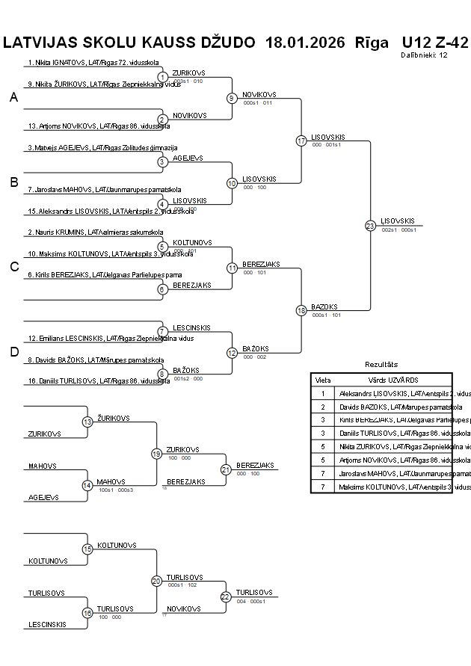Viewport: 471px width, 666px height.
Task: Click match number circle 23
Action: coord(370,225)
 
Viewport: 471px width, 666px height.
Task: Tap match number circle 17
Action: coord(301,141)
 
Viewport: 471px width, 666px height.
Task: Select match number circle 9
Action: coord(232,98)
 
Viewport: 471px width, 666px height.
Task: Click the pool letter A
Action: coord(13,97)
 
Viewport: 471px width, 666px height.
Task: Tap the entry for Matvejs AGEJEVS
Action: coord(102,148)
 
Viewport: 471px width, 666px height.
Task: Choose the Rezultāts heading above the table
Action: coord(381,365)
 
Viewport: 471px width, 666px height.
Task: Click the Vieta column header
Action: coord(323,380)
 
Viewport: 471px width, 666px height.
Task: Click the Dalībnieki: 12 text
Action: coord(424,55)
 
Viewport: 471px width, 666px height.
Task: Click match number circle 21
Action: coord(226,469)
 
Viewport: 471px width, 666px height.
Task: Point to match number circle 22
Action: coord(226,596)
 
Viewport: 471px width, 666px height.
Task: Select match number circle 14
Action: coord(87,485)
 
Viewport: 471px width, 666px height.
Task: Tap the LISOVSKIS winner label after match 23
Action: coord(397,221)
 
